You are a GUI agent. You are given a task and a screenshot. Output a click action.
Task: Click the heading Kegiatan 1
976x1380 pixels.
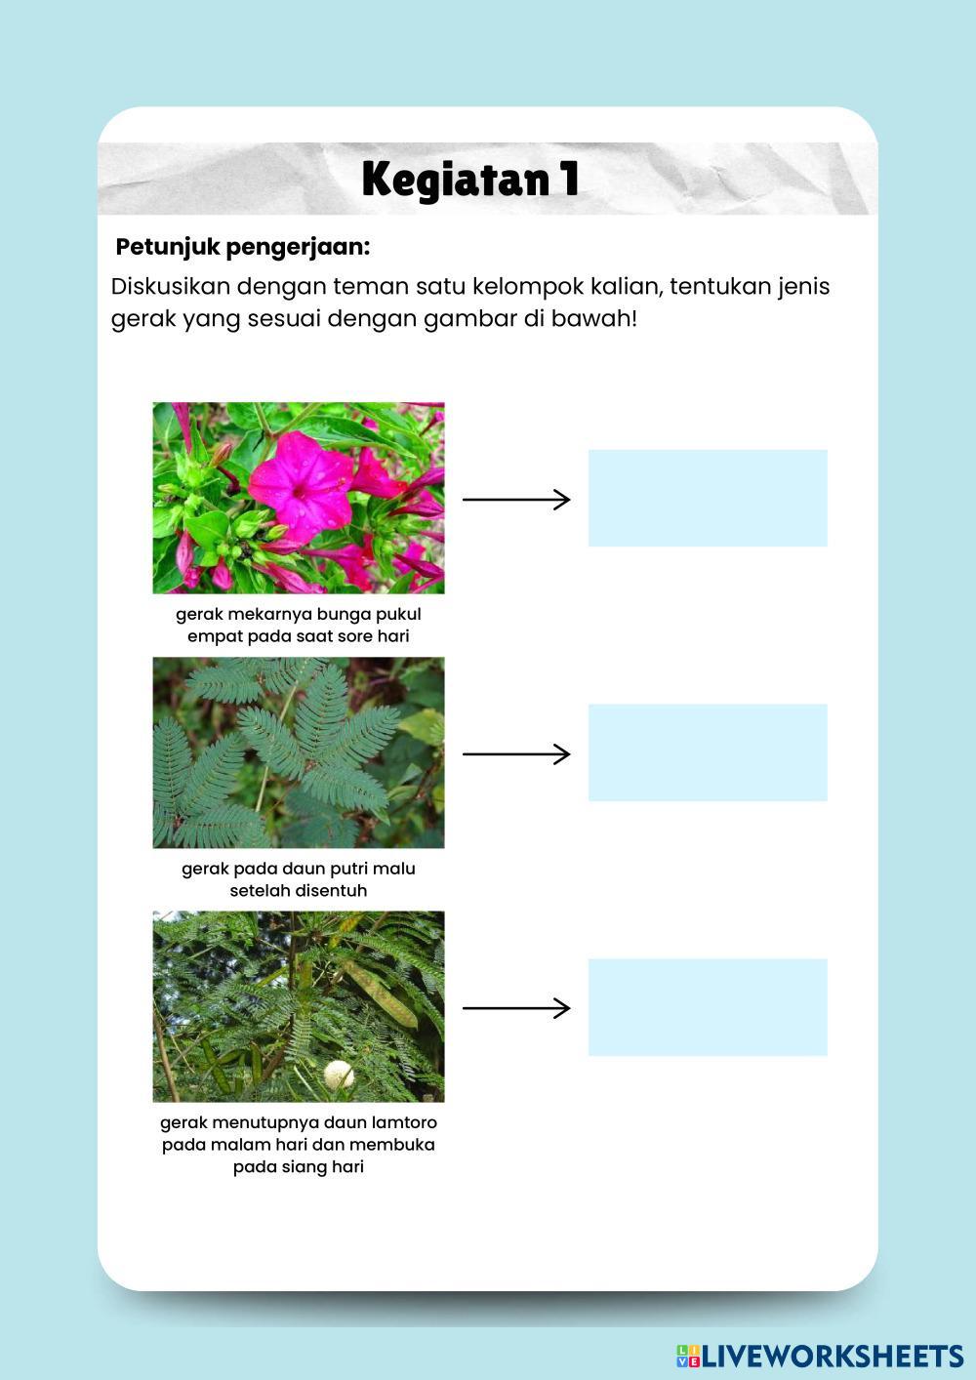(470, 180)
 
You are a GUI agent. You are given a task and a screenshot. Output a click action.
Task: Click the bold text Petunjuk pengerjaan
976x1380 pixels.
(243, 247)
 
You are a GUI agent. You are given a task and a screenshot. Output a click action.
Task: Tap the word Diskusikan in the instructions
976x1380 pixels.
(171, 287)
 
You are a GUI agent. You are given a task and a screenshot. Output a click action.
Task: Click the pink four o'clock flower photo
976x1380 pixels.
(299, 498)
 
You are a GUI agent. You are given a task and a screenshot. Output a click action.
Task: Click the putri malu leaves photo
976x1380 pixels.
(299, 752)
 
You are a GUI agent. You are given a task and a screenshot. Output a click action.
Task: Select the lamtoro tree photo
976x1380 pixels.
(299, 1006)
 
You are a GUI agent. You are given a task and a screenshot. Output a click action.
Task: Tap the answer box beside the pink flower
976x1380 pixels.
(708, 498)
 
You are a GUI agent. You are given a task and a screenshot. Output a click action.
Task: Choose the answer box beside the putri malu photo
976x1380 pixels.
(708, 752)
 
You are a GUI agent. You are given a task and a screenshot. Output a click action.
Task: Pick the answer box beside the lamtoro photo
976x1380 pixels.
(708, 1007)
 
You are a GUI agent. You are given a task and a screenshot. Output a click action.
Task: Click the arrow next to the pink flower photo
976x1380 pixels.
(515, 500)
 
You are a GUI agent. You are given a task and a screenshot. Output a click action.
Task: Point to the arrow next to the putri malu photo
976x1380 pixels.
(515, 754)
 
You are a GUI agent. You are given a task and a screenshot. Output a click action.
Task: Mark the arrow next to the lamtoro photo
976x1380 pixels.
(515, 1008)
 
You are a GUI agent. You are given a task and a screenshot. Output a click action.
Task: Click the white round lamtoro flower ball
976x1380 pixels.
(339, 1075)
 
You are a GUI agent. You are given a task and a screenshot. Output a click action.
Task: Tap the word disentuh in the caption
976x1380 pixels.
(331, 890)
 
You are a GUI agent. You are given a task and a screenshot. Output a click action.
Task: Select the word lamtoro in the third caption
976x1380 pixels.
(404, 1122)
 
